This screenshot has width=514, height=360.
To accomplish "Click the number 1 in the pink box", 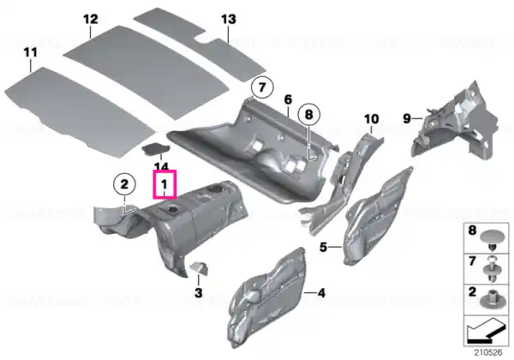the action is click(164, 185).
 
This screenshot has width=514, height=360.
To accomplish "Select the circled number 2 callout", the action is click(124, 184).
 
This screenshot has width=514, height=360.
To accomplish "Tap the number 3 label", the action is click(199, 292).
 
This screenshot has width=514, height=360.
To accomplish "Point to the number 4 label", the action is click(321, 293).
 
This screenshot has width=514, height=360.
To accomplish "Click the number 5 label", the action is click(323, 247).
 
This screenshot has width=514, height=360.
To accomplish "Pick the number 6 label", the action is click(288, 99).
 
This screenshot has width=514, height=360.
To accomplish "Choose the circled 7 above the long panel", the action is click(261, 87).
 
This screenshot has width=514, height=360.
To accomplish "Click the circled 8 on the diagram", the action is click(309, 114).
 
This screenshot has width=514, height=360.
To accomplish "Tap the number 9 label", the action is click(407, 118).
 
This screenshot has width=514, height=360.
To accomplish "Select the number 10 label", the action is click(372, 119).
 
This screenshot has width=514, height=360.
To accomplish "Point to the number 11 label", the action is click(31, 52).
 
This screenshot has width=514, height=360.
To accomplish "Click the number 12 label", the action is click(91, 20).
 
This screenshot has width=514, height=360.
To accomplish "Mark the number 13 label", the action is click(229, 20).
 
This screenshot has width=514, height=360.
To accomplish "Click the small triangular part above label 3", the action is click(199, 267).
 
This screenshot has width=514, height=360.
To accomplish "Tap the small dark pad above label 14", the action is click(156, 148).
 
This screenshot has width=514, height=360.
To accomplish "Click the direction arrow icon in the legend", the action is click(486, 332).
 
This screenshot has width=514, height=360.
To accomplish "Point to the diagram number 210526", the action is click(488, 353).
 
